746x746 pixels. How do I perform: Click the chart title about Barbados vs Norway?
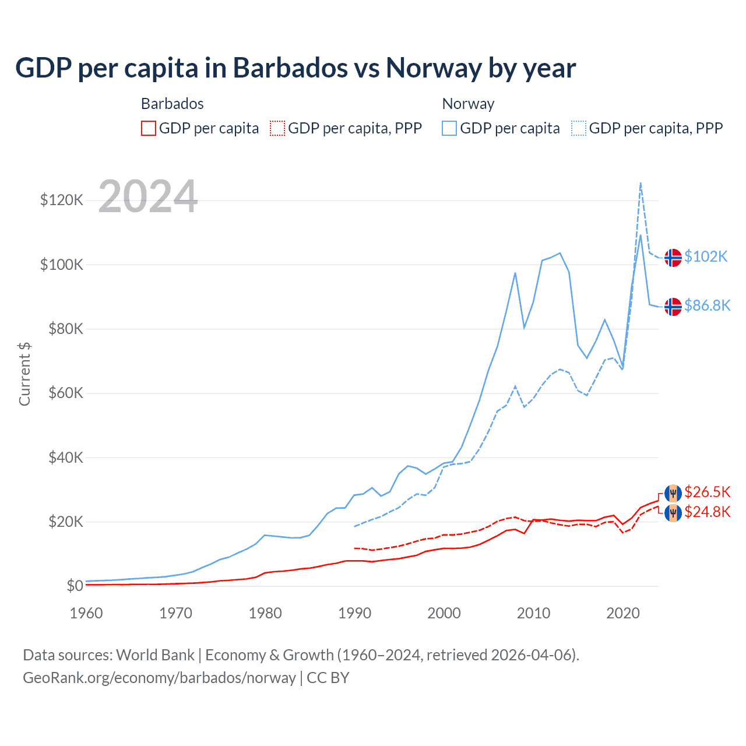pos(295,68)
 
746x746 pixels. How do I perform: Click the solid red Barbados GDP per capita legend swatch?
pos(149,128)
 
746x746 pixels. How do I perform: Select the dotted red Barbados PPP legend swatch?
pos(277,128)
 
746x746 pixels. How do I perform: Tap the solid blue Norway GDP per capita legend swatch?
pos(449,128)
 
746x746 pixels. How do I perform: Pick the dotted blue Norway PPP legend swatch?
pos(579,128)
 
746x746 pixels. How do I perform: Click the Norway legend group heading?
pos(468,104)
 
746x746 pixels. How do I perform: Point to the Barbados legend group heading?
pos(173,104)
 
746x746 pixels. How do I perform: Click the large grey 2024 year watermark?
pos(148,196)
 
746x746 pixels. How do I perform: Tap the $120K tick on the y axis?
pos(62,200)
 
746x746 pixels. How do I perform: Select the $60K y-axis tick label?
pos(66,393)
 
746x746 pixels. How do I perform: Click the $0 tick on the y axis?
pos(75,586)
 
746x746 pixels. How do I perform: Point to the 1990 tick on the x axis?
pos(354,613)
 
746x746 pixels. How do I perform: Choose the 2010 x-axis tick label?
pos(533,613)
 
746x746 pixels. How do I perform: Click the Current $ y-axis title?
pos(24,374)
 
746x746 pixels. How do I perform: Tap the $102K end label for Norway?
pos(706,256)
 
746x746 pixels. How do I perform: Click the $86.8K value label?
pos(707,305)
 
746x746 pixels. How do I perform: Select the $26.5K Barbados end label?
pos(707,492)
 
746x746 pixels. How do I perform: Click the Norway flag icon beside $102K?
pos(673,257)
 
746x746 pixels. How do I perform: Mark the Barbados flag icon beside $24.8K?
pos(673,513)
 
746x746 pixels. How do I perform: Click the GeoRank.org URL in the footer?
pos(159,678)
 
